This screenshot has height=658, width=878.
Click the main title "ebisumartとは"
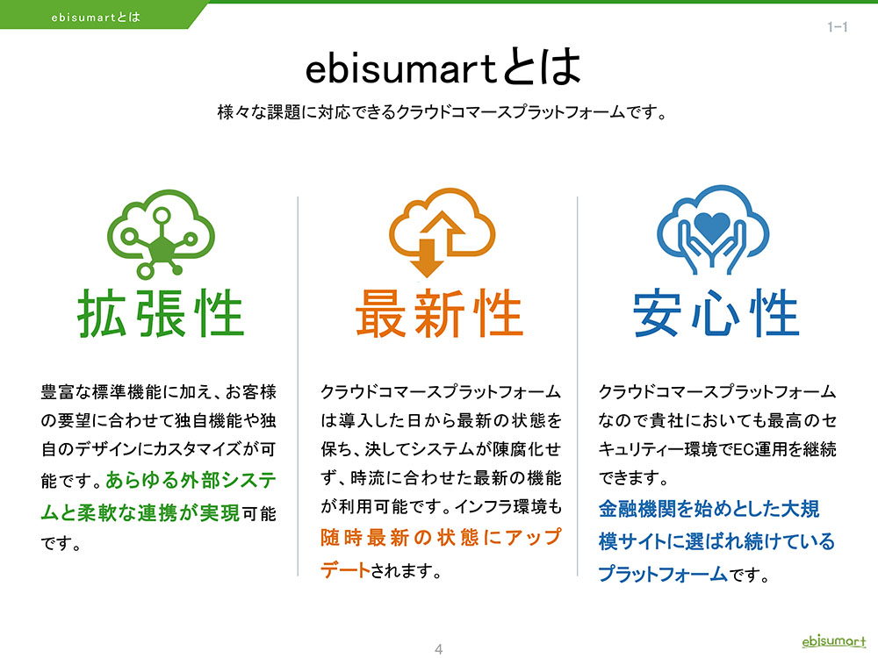(443, 68)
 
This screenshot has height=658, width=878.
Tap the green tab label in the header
(96, 18)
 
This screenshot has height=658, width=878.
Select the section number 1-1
(837, 27)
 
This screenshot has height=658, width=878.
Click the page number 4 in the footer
(438, 649)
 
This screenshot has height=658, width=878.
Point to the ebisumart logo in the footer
(834, 641)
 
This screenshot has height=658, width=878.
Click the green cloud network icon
(161, 233)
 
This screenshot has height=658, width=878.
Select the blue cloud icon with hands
(712, 229)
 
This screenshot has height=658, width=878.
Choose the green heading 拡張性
(161, 313)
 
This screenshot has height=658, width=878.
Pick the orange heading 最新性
(440, 313)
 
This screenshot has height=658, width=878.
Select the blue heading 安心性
(716, 313)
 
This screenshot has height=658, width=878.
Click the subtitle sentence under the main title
(442, 112)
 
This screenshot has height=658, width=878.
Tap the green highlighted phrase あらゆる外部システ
(191, 480)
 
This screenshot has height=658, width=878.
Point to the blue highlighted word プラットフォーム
(663, 574)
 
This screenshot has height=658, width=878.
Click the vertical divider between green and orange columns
(298, 386)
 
